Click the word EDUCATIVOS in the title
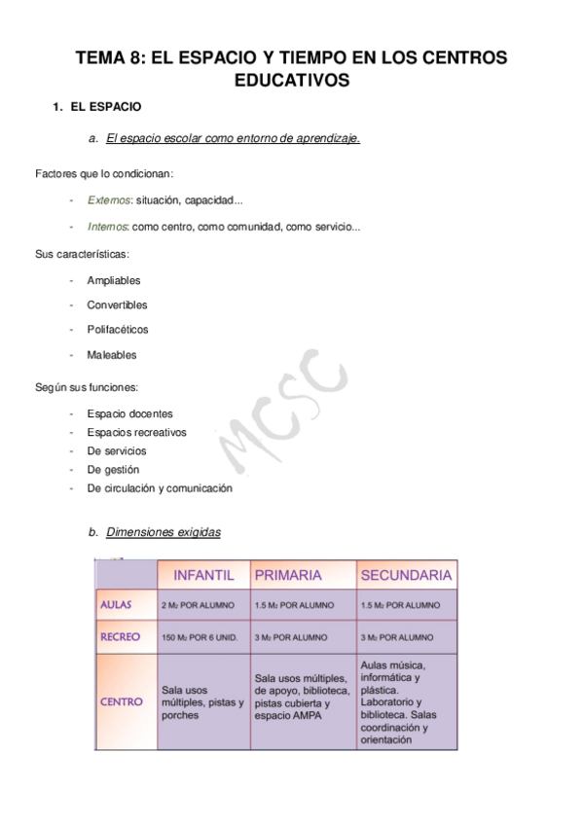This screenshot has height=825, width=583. click(x=291, y=81)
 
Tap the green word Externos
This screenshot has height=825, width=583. click(x=106, y=199)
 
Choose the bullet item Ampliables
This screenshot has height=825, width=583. click(x=114, y=280)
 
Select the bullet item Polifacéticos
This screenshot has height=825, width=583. click(x=118, y=330)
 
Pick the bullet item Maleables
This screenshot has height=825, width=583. click(x=112, y=355)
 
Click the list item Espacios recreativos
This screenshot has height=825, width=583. click(x=136, y=432)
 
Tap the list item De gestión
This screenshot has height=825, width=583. click(x=113, y=470)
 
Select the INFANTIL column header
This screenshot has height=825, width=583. click(x=203, y=575)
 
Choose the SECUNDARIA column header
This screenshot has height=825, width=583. click(x=406, y=575)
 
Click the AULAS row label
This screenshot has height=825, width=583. click(x=123, y=604)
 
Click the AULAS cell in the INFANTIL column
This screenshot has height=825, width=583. click(x=198, y=604)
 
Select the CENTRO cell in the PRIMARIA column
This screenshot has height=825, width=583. click(x=302, y=698)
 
